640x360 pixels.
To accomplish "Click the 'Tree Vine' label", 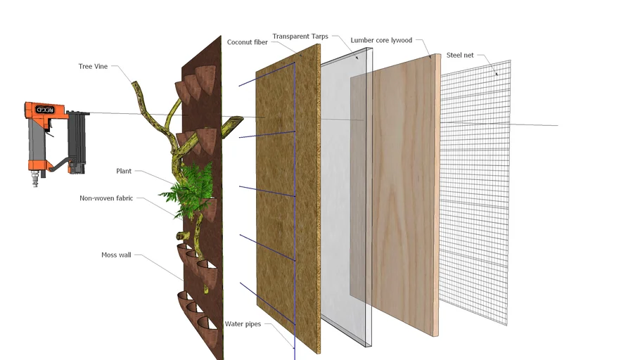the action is click(x=93, y=67).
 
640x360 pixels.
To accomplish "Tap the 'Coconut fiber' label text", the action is click(x=248, y=42).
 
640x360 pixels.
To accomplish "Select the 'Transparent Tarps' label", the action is click(x=300, y=37).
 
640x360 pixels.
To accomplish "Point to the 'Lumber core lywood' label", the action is click(x=381, y=40).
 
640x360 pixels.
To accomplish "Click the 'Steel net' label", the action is click(x=460, y=55).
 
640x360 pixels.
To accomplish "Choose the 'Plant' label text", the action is click(x=124, y=171).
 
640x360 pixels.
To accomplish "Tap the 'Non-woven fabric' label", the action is click(x=106, y=198).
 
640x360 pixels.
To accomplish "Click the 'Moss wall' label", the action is click(x=116, y=255).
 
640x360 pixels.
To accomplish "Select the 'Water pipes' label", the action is click(x=243, y=324).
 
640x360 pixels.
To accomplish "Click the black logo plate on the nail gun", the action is click(x=45, y=110).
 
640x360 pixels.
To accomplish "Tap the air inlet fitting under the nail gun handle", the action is click(x=35, y=179).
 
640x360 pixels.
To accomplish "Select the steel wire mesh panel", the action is click(x=475, y=192).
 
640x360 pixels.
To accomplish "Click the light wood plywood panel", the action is click(x=404, y=195).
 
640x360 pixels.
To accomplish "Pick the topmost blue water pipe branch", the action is click(x=267, y=75).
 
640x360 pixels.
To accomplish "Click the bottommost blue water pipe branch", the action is click(x=267, y=303).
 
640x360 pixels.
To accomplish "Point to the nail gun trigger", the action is click(x=50, y=130).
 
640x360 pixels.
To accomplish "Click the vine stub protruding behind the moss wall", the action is click(x=233, y=126).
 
